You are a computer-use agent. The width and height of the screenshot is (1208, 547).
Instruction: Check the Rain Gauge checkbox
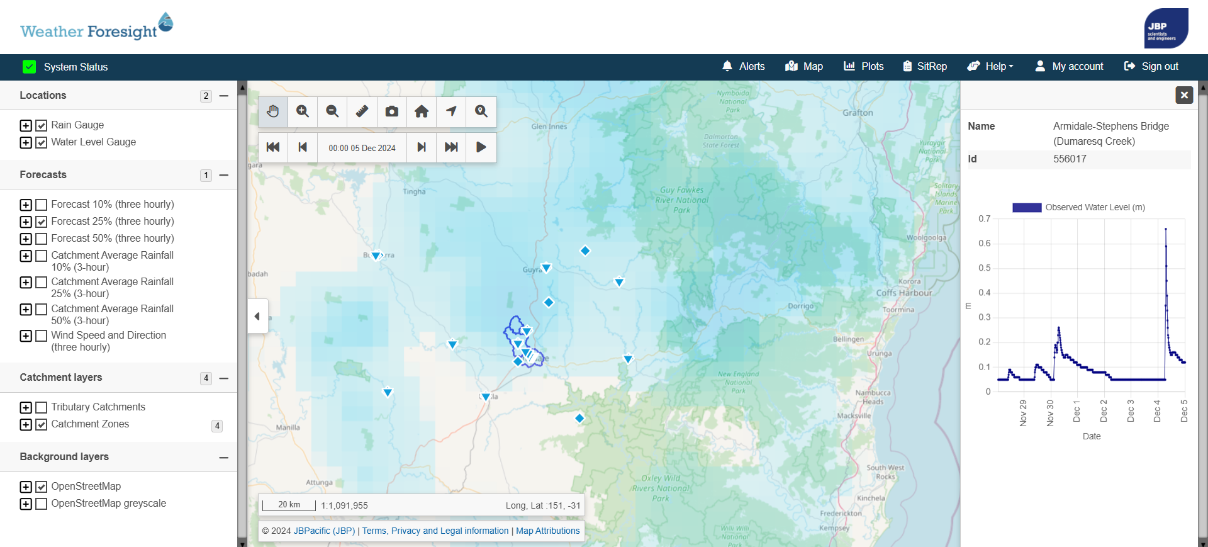[x=42, y=125]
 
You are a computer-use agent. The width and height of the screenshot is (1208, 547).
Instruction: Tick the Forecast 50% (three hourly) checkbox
[x=42, y=239]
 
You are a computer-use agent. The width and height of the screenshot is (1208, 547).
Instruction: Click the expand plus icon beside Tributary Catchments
[x=26, y=407]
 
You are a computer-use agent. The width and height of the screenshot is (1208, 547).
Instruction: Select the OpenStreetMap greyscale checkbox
[x=42, y=504]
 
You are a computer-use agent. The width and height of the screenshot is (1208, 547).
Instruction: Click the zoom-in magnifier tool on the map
[x=303, y=111]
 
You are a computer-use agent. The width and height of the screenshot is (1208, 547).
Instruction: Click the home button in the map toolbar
[x=422, y=111]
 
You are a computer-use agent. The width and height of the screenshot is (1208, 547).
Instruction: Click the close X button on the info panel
[x=1184, y=95]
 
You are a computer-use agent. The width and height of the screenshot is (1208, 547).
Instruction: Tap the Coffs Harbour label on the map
[x=904, y=293]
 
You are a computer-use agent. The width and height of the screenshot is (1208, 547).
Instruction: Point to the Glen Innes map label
[x=549, y=127]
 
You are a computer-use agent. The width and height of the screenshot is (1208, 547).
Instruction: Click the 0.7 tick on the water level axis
[x=984, y=219]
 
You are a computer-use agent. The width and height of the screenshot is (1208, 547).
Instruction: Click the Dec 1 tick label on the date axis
[x=1077, y=411]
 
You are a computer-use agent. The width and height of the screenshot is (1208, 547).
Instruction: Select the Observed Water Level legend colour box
[x=1026, y=208]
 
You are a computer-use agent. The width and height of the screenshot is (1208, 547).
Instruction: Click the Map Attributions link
[x=547, y=531]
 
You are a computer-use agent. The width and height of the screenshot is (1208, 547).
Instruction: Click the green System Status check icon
[x=29, y=67]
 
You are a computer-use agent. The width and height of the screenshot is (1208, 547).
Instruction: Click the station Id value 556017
[x=1070, y=159]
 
